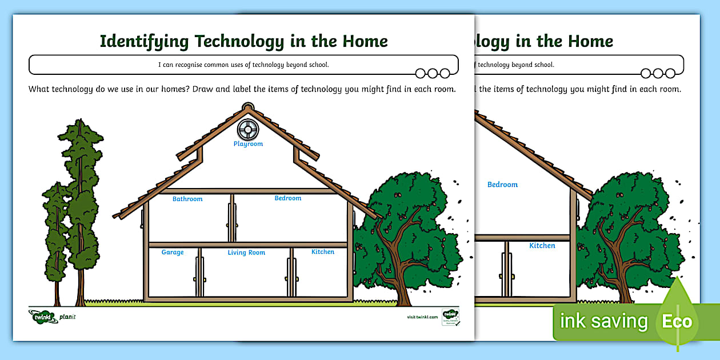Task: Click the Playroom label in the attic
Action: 248,144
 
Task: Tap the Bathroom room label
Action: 187,199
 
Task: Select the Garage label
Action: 173,252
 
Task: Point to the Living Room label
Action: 246,253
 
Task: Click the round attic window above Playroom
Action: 248,129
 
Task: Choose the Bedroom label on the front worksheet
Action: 287,198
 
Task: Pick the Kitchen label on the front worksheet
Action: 322,251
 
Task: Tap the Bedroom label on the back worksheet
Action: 502,185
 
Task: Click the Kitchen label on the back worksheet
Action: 542,246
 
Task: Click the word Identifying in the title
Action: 145,41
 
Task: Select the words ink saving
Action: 603,321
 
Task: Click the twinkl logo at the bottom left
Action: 42,317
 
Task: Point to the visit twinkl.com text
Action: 422,317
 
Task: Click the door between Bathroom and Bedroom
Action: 232,218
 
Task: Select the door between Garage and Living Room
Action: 199,272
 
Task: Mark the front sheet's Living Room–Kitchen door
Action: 291,272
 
